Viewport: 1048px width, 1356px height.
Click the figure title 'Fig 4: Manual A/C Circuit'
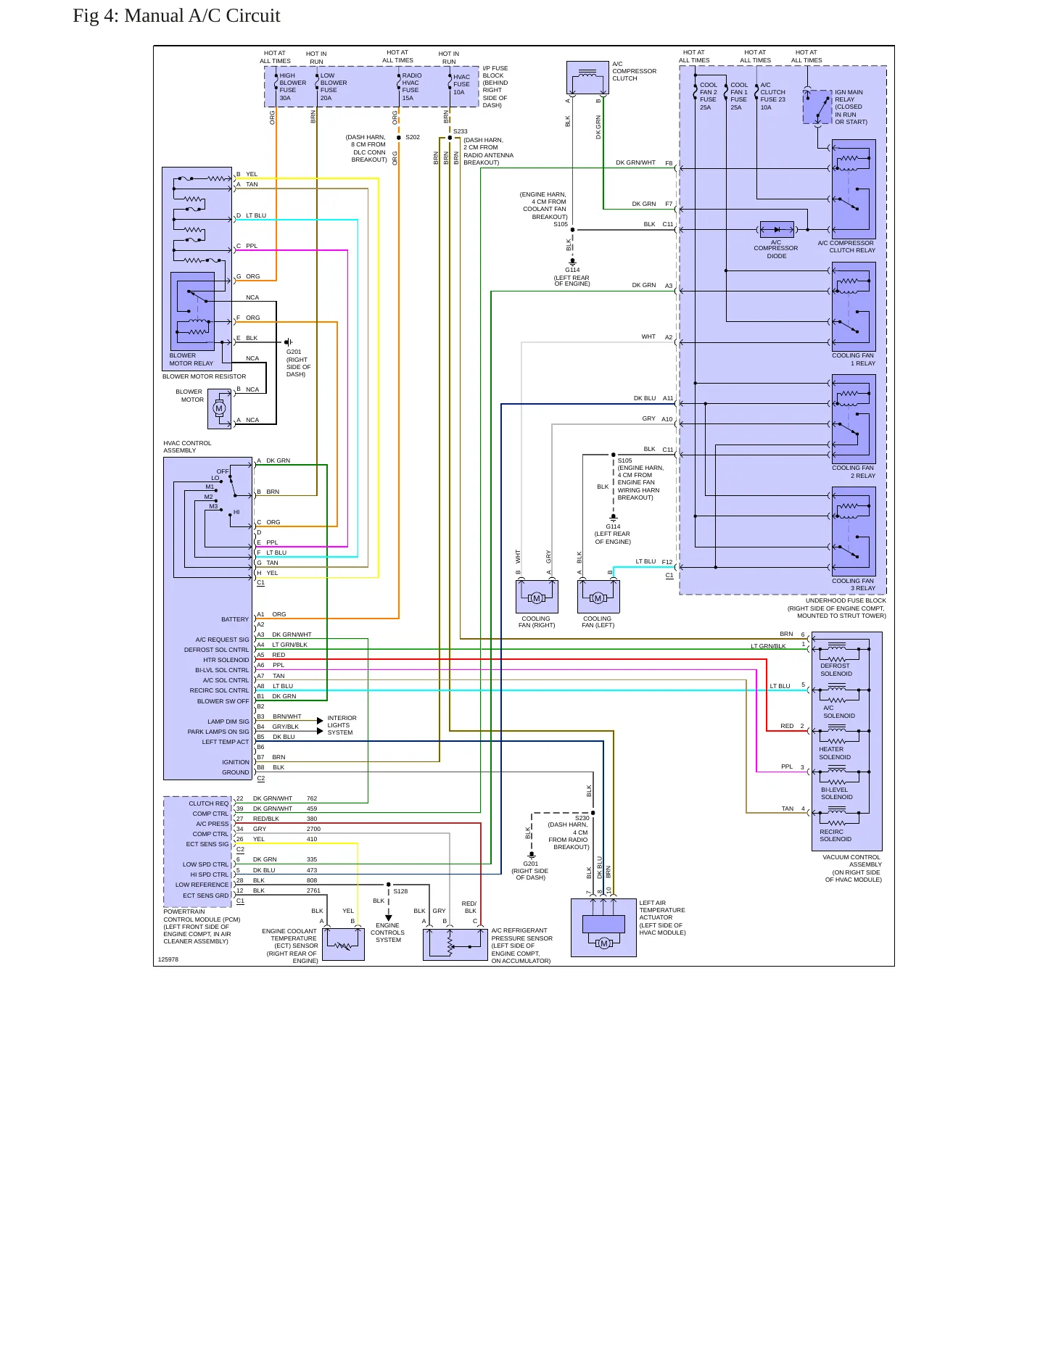176,16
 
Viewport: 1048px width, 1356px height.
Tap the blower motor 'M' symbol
219,408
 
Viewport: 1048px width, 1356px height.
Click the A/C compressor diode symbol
777,230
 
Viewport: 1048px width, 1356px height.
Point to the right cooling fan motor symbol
537,598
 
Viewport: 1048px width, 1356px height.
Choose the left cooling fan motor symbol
598,598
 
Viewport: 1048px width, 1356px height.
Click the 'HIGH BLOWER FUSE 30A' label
292,86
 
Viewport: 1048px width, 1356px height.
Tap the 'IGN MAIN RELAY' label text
849,96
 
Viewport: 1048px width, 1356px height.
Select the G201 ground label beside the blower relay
294,352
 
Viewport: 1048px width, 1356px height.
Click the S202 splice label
413,137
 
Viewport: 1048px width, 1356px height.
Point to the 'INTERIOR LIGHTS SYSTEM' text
342,725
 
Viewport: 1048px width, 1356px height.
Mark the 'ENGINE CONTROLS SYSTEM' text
388,933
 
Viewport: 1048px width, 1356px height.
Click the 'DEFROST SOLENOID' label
836,669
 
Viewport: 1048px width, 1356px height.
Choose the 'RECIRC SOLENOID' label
835,835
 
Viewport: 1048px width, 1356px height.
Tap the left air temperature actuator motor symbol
603,943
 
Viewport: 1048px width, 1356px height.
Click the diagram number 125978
168,959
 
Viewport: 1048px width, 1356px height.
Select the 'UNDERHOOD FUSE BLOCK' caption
846,600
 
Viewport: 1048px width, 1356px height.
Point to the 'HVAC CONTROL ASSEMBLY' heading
187,447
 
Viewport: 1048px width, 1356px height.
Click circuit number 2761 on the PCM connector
313,890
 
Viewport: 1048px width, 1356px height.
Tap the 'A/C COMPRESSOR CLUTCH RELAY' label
846,247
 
